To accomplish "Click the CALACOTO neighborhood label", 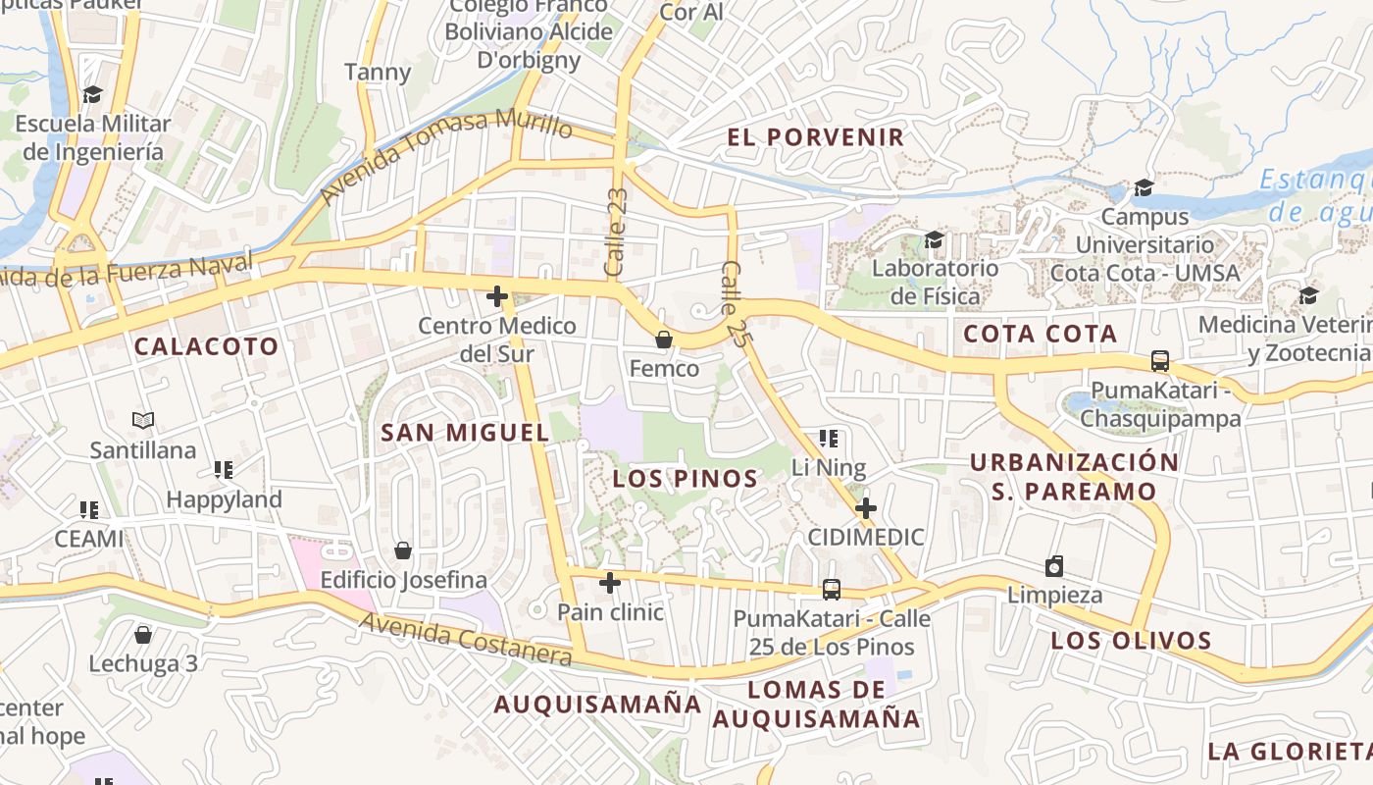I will (206, 346).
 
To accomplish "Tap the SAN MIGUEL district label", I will (465, 432).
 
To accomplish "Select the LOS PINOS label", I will (686, 479).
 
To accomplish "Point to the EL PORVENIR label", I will (816, 137).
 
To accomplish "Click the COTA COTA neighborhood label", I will (1041, 334).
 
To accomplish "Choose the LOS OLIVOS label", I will (1132, 641).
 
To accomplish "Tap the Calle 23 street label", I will (616, 232).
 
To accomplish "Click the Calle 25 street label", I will (736, 303).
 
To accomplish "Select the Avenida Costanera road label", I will (465, 639).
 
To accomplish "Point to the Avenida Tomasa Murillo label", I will (445, 157).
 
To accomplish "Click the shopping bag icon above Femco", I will (664, 340).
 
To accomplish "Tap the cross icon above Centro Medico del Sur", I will (497, 295).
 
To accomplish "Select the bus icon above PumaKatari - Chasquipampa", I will (1160, 360).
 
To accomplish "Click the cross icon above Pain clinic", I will (610, 583).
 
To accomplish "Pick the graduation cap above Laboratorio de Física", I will (934, 239).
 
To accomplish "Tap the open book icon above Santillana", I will (143, 420).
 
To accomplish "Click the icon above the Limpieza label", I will (1054, 566).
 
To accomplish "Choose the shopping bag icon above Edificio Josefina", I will (403, 549).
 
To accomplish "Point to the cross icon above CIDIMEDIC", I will (865, 507).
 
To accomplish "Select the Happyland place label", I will (224, 499).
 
